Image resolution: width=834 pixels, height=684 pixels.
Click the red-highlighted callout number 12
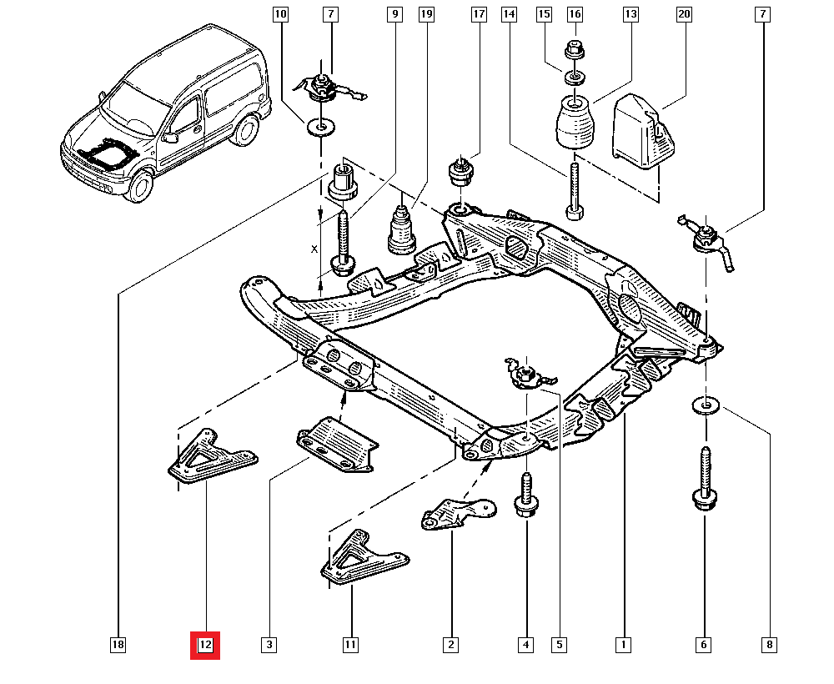[x=205, y=644]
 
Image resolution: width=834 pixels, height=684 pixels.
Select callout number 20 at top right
[x=685, y=14]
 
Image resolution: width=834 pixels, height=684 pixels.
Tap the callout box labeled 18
[x=118, y=644]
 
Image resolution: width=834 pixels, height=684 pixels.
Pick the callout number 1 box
[x=622, y=644]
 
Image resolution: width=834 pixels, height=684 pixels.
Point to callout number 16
[x=574, y=14]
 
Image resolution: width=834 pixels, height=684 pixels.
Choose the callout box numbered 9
[x=394, y=14]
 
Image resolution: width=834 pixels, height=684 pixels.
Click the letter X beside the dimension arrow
[x=314, y=249]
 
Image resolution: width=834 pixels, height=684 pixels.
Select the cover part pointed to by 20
[x=643, y=132]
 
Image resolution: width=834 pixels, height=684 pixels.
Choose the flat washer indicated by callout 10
[x=319, y=128]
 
